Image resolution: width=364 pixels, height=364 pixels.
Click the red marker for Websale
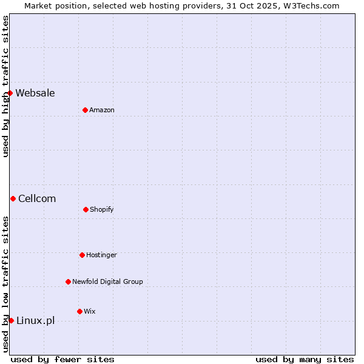(10, 93)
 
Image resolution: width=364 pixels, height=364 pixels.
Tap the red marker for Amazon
(85, 110)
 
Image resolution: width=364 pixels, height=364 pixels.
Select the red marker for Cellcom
(13, 198)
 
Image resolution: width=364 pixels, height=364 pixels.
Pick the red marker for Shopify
(86, 209)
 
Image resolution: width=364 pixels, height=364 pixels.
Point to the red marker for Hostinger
(82, 255)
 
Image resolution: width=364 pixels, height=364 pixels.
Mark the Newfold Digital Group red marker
(68, 281)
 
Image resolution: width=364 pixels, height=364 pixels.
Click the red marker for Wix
(79, 311)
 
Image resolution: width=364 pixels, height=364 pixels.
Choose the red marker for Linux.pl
(11, 320)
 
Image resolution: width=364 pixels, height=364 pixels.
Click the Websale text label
(35, 93)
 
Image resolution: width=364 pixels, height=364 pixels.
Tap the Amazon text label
(102, 110)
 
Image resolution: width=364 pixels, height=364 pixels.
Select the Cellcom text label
(37, 198)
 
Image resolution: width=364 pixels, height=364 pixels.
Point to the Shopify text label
(102, 209)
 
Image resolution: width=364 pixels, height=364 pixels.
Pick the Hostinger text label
(101, 255)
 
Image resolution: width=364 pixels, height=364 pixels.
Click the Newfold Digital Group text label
(107, 281)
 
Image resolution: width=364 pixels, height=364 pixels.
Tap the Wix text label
(90, 311)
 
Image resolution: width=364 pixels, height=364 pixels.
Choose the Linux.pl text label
(35, 320)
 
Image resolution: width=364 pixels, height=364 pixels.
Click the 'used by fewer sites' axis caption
(62, 359)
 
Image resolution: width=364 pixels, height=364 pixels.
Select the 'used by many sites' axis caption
(305, 359)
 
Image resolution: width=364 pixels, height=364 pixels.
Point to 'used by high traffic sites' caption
(5, 86)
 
